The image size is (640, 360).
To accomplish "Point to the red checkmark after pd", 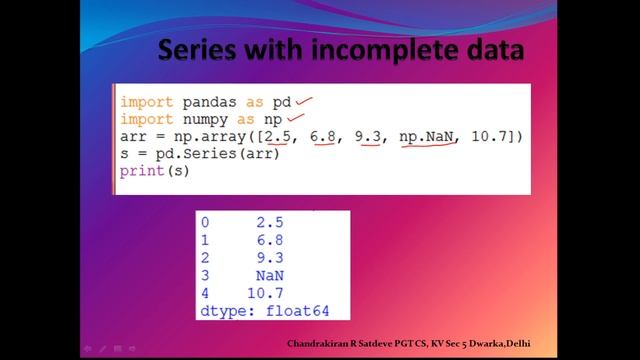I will tap(303, 100).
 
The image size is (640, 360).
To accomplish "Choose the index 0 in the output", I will tap(206, 222).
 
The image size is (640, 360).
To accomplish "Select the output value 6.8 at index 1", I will tap(269, 240).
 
